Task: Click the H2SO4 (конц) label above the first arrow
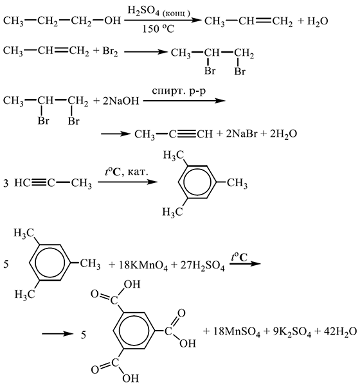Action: [159, 11]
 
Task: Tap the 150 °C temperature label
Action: [158, 29]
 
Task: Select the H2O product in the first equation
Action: [318, 22]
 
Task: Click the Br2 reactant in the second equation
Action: [110, 51]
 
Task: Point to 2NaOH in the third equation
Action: [121, 101]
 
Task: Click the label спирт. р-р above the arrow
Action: [179, 91]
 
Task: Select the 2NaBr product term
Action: [241, 134]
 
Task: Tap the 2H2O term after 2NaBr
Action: [283, 134]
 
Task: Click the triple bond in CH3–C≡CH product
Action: [186, 134]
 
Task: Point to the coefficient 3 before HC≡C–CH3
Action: [6, 183]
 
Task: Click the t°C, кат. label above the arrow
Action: [126, 172]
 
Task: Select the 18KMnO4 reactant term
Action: [143, 265]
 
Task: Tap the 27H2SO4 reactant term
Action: [203, 265]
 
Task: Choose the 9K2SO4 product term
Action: [292, 332]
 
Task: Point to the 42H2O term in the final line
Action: [340, 332]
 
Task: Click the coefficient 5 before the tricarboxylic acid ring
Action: [84, 335]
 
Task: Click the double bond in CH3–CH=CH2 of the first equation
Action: [263, 21]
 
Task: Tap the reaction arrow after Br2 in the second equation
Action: [145, 52]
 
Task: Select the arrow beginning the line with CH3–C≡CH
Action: [116, 134]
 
